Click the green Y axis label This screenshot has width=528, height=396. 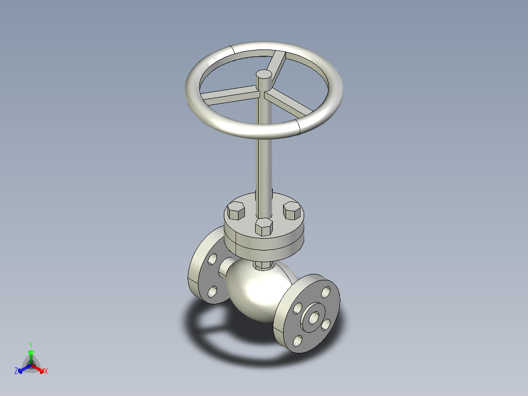tap(30, 344)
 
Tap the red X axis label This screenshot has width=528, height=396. tap(46, 371)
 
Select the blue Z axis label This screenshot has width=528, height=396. tap(16, 371)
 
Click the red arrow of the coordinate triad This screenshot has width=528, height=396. tap(39, 368)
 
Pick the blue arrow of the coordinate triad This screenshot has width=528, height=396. tap(23, 368)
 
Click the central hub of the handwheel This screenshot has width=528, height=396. tap(264, 75)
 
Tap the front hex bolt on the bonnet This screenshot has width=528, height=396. tap(264, 226)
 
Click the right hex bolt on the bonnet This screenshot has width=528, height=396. tap(292, 211)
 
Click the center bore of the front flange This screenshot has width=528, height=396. tap(312, 317)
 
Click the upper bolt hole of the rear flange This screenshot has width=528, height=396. tap(212, 258)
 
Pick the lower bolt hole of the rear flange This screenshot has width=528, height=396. tap(212, 292)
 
